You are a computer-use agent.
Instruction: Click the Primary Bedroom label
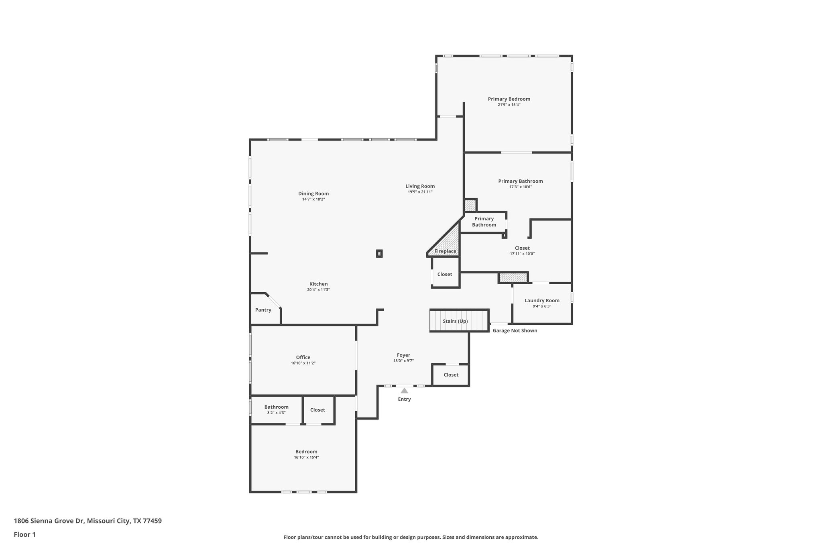point(509,99)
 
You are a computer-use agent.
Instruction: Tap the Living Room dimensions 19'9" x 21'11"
point(420,192)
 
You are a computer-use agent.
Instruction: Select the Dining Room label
point(313,194)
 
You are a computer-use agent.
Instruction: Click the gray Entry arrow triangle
point(404,391)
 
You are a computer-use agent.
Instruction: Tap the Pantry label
point(263,310)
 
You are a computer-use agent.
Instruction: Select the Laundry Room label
point(541,300)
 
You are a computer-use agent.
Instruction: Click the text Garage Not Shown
point(515,330)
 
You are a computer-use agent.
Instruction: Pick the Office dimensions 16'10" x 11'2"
point(303,363)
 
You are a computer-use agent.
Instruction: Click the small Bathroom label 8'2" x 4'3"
point(276,407)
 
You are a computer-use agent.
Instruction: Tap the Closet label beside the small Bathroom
point(317,410)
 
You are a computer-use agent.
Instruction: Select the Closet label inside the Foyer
point(451,375)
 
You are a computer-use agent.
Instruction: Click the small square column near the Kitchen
point(379,253)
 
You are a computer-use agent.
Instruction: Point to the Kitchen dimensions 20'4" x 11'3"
point(318,289)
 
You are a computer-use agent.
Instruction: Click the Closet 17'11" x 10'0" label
point(522,248)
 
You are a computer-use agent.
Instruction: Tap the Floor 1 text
point(24,534)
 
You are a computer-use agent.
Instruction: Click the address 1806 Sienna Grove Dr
point(49,521)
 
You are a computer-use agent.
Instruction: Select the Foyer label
point(403,355)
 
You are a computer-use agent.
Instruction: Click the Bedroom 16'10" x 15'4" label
point(306,452)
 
